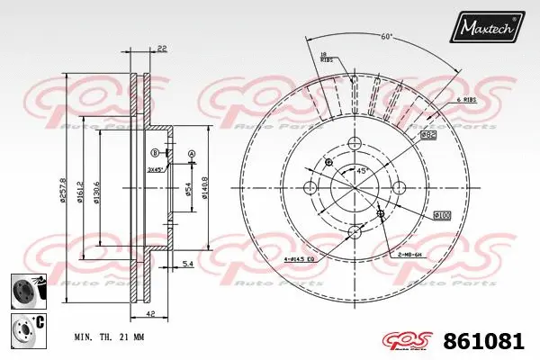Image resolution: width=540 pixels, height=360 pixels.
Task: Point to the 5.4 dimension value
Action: pyautogui.click(x=187, y=264)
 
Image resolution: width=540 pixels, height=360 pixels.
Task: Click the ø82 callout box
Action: pyautogui.click(x=427, y=134)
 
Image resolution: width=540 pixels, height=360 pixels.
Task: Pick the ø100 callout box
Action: pyautogui.click(x=442, y=214)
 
